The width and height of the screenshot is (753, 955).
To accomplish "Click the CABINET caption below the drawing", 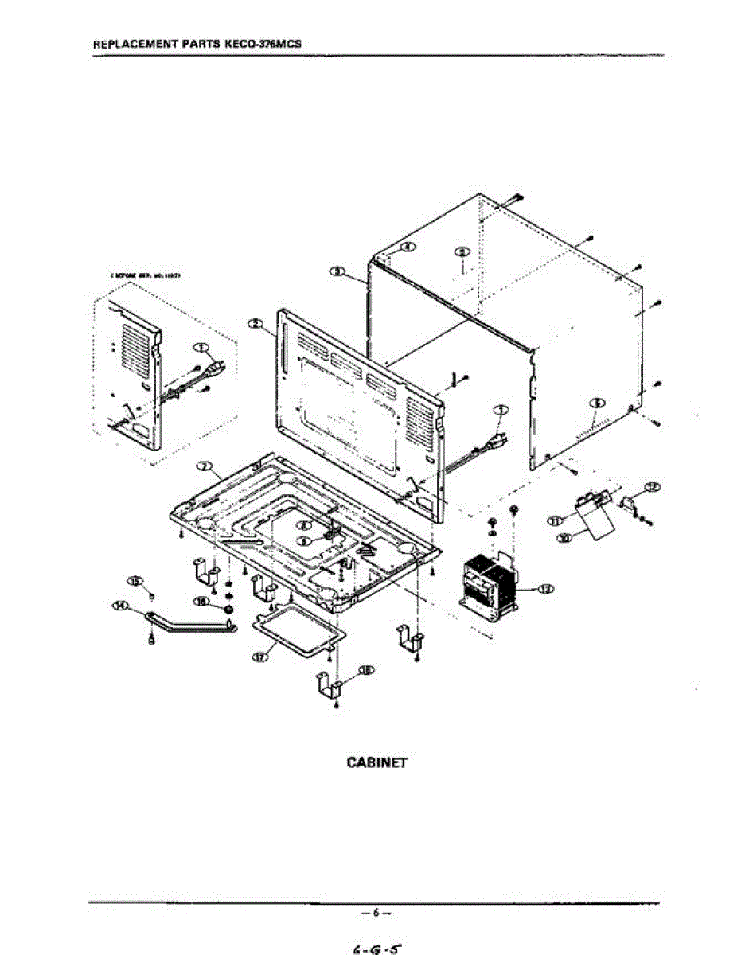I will pos(376,762).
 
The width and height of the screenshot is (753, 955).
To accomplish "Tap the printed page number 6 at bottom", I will pos(376,911).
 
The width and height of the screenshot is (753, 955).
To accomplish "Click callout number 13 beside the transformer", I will pos(546,589).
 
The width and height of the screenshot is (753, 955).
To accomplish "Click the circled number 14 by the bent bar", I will pos(121,606).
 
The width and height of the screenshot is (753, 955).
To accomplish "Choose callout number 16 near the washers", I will pos(203,602).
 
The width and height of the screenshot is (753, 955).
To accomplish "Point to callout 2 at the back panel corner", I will pos(255,323).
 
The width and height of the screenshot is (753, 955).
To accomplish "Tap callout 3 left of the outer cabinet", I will pos(337,271).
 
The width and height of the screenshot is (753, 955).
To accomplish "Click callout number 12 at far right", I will pos(651,486).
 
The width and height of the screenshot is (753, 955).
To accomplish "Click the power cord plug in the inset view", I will pos(213,369).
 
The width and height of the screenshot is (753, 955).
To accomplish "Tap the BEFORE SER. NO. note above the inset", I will pos(147,275).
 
